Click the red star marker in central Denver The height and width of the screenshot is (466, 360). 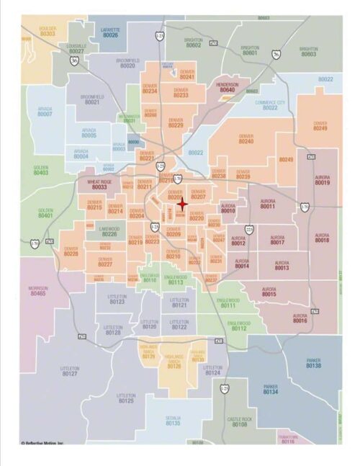coord(183,203)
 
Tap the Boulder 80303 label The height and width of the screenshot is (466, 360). coord(48,31)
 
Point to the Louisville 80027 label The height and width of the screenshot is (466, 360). coord(76,49)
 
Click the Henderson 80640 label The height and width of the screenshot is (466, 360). coord(227,88)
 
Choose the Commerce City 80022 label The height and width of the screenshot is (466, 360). coord(270,105)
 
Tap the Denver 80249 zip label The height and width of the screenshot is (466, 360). coord(320,126)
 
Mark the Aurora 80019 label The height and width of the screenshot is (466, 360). coord(322,180)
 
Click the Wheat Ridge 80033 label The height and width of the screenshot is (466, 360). coord(99,185)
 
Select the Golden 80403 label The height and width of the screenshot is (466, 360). coord(41,170)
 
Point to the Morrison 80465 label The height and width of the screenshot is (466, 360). coord(38,292)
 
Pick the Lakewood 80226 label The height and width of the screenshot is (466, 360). coord(109,232)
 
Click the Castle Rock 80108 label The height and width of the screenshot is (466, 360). coord(239,422)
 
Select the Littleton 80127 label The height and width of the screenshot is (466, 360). coord(70,372)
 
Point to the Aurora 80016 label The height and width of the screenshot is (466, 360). coord(300,318)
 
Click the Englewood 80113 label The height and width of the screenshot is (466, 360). coord(175,279)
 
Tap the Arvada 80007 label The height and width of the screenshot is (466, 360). coord(45,112)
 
